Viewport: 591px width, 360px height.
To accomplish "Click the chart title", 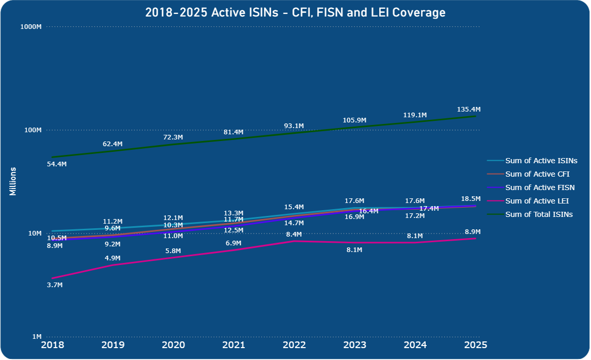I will pos(295,13).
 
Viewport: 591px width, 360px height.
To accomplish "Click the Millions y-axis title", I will pos(12,181).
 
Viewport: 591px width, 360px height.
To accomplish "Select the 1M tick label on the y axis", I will pos(37,337).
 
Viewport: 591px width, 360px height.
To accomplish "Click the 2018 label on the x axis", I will pos(53,345).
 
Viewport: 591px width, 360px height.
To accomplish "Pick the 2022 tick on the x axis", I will pos(293,345).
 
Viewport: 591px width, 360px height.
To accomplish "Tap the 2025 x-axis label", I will pos(474,345).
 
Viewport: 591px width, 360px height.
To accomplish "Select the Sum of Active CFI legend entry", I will pos(537,174).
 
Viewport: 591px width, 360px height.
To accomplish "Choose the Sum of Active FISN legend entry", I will pos(539,187).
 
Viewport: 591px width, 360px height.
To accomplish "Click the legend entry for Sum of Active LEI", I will pos(537,201).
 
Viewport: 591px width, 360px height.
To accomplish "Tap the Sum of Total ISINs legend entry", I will pos(539,214).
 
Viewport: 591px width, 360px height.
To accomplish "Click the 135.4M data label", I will pos(469,109).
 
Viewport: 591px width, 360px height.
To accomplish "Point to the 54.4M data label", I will pos(57,164).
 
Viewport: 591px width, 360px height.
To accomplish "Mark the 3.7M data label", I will pos(54,285).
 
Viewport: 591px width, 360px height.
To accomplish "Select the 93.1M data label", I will pos(294,126).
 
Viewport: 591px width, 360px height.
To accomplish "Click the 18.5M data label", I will pos(471,199).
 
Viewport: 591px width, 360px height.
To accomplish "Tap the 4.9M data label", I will pos(113,258).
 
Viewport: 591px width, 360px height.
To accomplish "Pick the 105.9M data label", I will pos(354,120).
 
